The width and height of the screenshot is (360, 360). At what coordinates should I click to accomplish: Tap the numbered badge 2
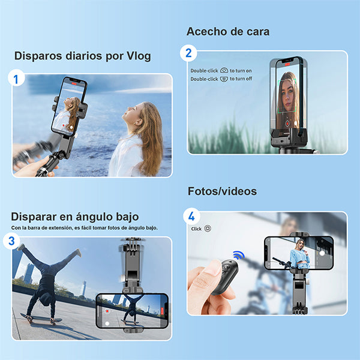[189, 53]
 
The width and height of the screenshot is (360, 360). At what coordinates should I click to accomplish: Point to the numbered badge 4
[191, 215]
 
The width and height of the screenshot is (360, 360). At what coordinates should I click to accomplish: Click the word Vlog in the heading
[136, 56]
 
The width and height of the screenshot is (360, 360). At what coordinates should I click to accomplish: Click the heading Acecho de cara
[227, 31]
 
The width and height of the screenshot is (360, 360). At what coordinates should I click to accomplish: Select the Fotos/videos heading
[222, 191]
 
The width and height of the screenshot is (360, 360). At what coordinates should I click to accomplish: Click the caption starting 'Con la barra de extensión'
[84, 228]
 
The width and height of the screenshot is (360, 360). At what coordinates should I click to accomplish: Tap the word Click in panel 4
[196, 229]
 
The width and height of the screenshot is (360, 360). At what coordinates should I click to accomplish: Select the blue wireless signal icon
[239, 255]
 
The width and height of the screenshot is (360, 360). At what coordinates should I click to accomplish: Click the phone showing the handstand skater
[132, 310]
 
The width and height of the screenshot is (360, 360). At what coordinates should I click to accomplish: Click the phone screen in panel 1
[68, 107]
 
